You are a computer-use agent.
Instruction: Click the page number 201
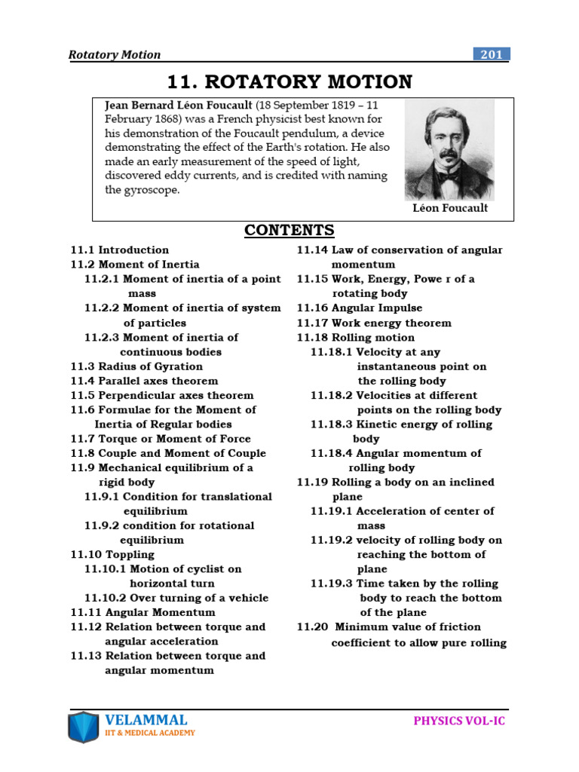pos(492,54)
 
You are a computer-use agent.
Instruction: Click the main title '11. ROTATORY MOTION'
pos(289,81)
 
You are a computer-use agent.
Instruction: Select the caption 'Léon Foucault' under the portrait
pos(450,208)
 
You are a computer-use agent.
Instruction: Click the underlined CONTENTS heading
pos(289,230)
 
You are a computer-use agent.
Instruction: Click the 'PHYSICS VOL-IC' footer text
pos(460,721)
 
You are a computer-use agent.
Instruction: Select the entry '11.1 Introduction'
pos(120,250)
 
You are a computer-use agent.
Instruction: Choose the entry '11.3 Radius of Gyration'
pos(136,366)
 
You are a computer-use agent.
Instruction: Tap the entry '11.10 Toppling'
pos(112,554)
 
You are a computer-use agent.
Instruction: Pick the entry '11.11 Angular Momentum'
pos(142,612)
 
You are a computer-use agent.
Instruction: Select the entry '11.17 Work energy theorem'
pos(374,323)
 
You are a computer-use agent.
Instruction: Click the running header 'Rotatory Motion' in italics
pos(114,54)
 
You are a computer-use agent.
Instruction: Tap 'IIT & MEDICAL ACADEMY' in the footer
pos(150,733)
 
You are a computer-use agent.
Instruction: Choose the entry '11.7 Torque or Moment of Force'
pos(161,439)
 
